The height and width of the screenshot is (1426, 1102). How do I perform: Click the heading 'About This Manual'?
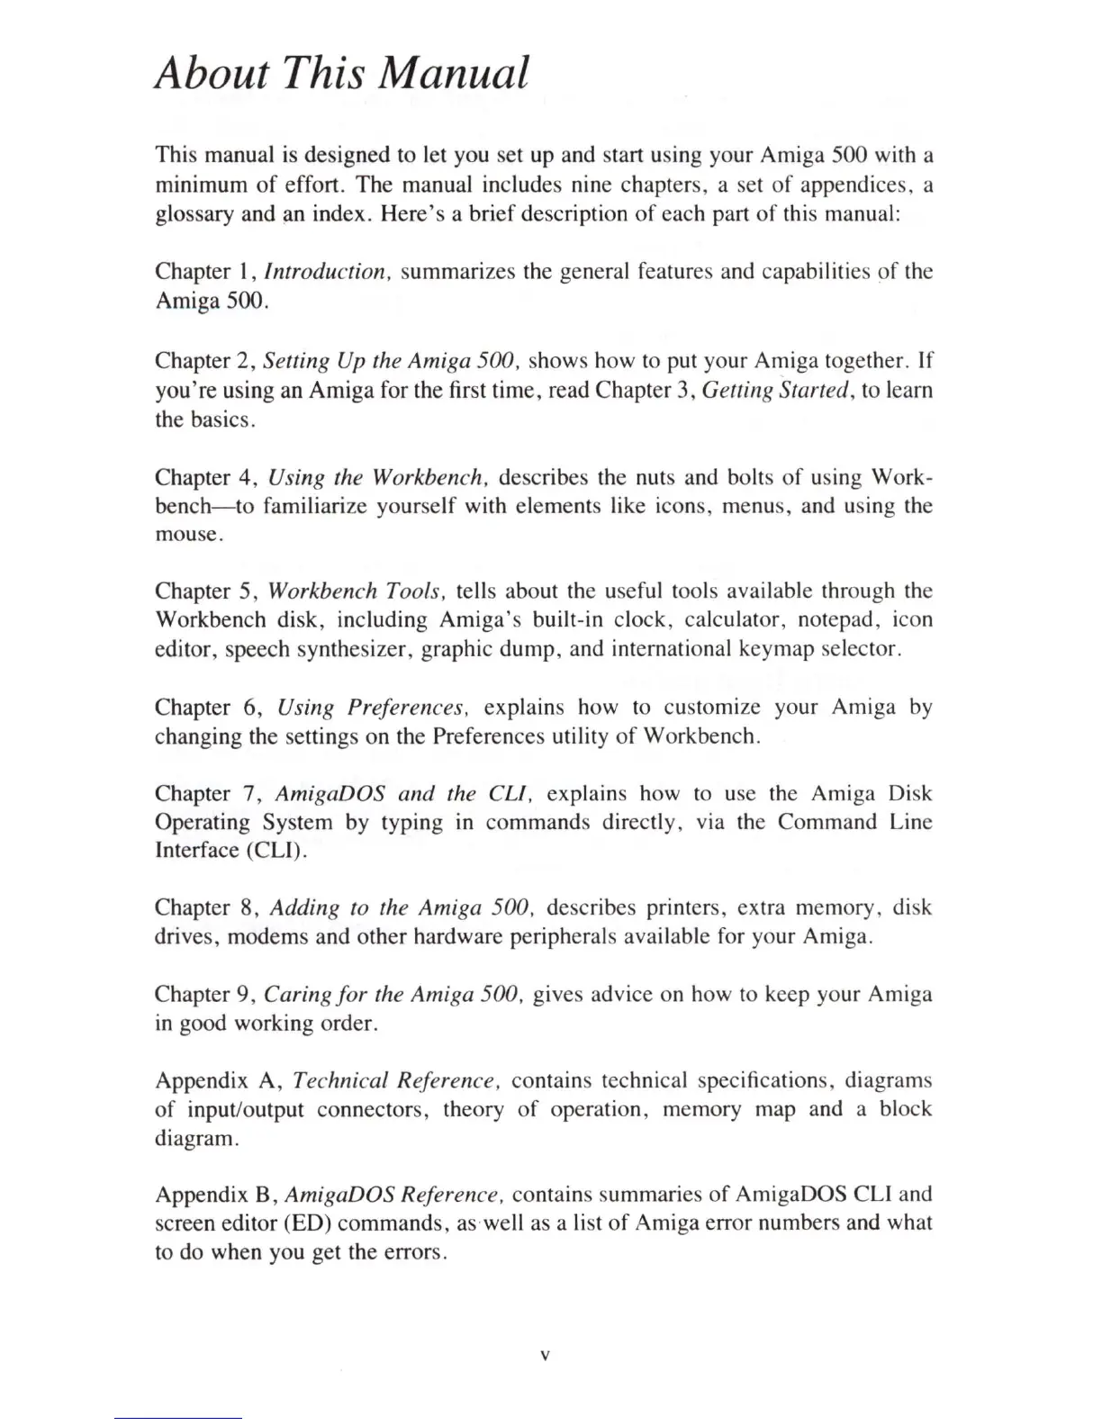[x=342, y=72]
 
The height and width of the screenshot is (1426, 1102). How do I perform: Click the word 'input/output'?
[x=247, y=1109]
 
